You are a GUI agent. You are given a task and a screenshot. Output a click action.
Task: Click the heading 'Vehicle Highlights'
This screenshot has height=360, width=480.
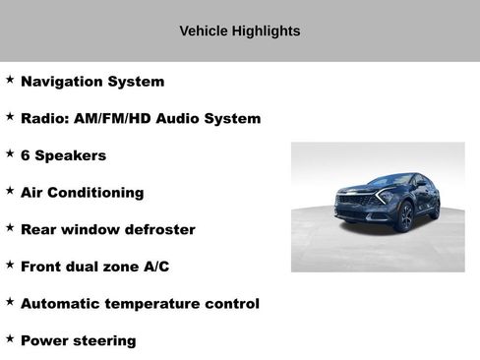[x=239, y=31]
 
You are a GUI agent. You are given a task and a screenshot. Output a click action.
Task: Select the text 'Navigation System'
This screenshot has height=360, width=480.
[x=92, y=82]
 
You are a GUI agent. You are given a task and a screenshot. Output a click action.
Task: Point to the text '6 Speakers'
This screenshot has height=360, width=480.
[x=63, y=155]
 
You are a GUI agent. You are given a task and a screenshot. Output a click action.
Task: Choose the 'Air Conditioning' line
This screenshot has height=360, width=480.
[x=82, y=193]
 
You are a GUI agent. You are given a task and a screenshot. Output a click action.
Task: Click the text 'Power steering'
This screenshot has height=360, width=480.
[x=78, y=340]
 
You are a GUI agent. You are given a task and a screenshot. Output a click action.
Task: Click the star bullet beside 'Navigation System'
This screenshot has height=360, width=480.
[x=10, y=80]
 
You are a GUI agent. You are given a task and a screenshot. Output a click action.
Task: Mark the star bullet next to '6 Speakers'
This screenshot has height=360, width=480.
[x=10, y=153]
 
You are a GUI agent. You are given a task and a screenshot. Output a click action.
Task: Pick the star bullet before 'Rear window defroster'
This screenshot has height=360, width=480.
[x=10, y=227]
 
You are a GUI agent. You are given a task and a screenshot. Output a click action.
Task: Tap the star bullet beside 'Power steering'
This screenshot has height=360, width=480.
[x=10, y=338]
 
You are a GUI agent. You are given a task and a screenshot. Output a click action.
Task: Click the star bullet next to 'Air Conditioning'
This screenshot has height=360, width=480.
[x=10, y=191]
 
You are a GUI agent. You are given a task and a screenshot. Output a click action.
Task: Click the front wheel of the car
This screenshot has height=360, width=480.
[x=405, y=217]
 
